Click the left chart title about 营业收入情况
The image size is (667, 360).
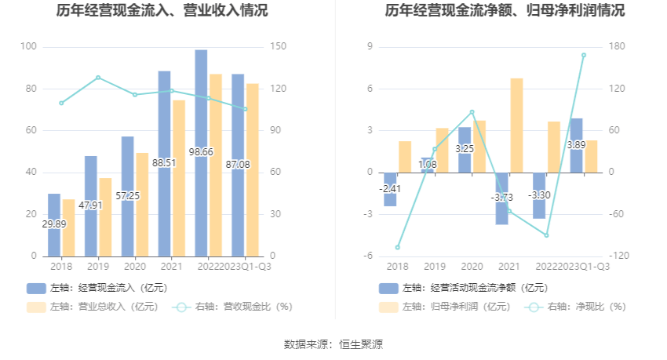pos(162,11)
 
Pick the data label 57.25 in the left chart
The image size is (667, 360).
pos(128,195)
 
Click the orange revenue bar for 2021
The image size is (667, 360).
pos(179,178)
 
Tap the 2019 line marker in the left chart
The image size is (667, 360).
pos(98,78)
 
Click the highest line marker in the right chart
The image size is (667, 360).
pos(584,55)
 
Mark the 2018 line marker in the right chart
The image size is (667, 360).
pos(398,247)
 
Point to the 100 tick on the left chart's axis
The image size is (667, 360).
pos(29,47)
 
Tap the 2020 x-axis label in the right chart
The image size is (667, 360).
pos(472,267)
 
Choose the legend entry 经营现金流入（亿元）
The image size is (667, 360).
pos(98,288)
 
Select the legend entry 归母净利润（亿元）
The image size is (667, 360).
pos(446,307)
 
